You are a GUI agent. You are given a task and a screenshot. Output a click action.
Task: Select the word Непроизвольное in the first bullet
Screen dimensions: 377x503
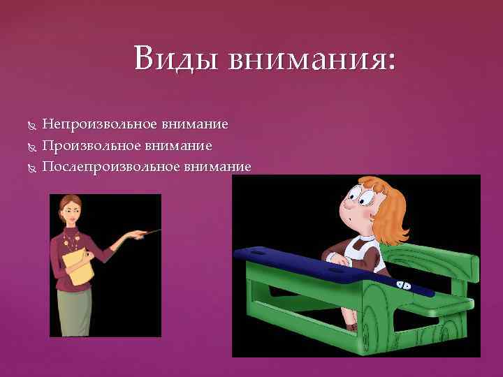(100, 125)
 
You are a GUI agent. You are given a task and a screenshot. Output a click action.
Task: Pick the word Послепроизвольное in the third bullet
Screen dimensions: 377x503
(110, 166)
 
